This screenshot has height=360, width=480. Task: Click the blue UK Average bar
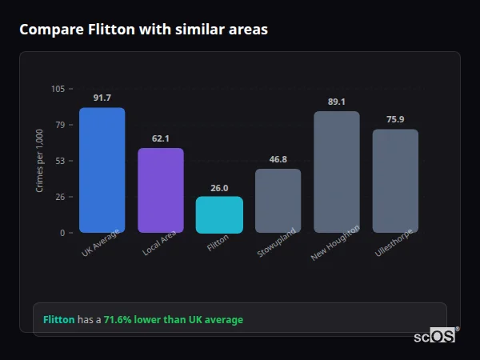click(x=102, y=170)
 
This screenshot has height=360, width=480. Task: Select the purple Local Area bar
click(x=160, y=190)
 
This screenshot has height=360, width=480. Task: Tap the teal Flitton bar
click(x=219, y=214)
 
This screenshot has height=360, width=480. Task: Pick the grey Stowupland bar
click(x=278, y=201)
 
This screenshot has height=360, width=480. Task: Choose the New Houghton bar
click(x=336, y=172)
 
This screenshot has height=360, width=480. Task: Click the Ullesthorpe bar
click(x=395, y=181)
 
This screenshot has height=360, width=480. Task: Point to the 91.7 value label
click(x=102, y=98)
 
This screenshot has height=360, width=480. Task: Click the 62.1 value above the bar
click(x=160, y=138)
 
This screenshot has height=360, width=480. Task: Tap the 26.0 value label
click(x=219, y=188)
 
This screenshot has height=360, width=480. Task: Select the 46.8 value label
click(x=278, y=159)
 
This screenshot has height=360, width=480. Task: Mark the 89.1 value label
click(x=336, y=102)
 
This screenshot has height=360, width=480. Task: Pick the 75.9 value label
click(x=395, y=119)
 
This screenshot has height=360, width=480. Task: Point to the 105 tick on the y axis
click(x=58, y=89)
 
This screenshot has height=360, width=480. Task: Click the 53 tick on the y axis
click(x=60, y=161)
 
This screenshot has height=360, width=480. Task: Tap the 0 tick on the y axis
click(x=62, y=233)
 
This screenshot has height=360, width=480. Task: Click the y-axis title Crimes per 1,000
click(x=39, y=161)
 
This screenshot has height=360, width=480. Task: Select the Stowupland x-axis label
click(x=277, y=242)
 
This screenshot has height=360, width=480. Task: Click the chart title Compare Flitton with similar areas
click(x=143, y=30)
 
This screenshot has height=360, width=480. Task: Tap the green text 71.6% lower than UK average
click(x=173, y=320)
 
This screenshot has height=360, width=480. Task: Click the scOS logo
click(x=435, y=336)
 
